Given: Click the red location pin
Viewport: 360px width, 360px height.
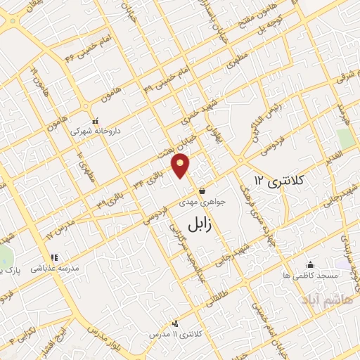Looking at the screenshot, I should pos(181,166).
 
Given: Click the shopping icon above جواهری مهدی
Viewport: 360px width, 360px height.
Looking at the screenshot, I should pos(202,191).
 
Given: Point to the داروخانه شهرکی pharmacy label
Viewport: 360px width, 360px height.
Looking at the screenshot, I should pos(98,130).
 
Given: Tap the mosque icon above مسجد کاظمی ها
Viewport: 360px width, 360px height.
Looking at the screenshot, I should pos(310,265).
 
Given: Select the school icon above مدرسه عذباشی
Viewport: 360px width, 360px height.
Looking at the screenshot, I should pos(55,257).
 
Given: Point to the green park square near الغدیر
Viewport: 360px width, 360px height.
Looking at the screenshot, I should pos(345,138).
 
